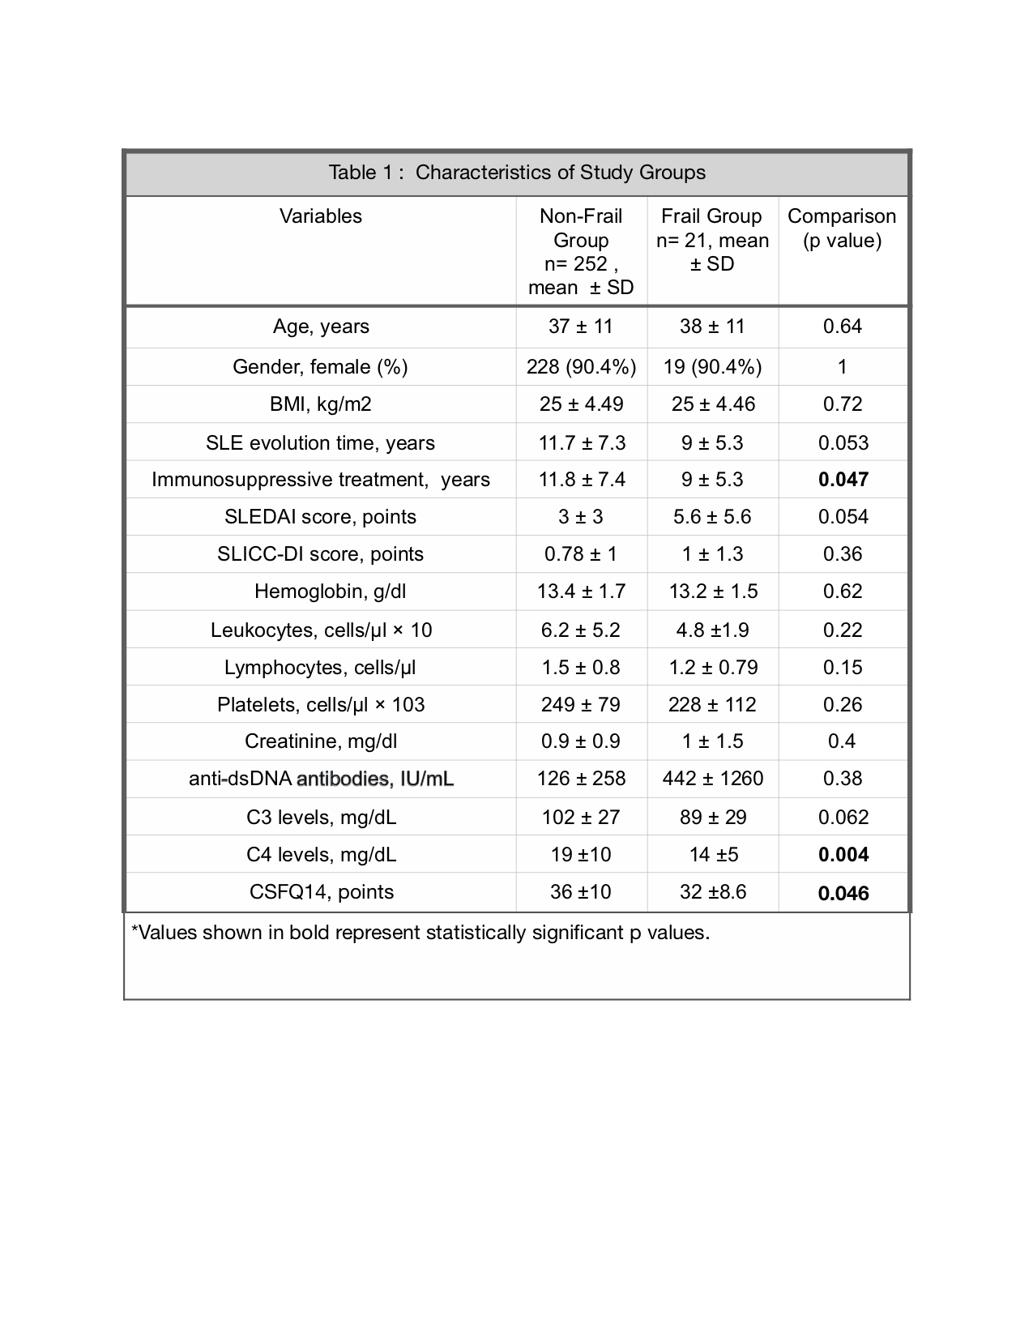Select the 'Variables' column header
(x=321, y=216)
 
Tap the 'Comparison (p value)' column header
(x=842, y=228)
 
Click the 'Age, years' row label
(x=321, y=327)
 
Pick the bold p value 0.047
(x=843, y=480)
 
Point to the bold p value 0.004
(x=843, y=855)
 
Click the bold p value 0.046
(x=843, y=893)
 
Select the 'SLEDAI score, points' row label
(x=321, y=517)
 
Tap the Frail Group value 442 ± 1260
(x=713, y=779)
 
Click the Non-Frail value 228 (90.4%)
(x=581, y=367)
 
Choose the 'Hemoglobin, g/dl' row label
(x=330, y=592)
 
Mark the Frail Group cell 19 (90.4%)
(x=713, y=367)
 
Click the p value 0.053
(x=843, y=443)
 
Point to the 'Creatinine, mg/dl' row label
(x=321, y=741)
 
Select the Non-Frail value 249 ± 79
(x=581, y=705)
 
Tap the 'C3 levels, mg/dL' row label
(x=321, y=818)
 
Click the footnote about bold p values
(x=420, y=933)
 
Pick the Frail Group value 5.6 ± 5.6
(x=713, y=517)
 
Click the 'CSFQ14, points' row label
(x=321, y=892)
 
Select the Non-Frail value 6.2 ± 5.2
(x=581, y=630)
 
